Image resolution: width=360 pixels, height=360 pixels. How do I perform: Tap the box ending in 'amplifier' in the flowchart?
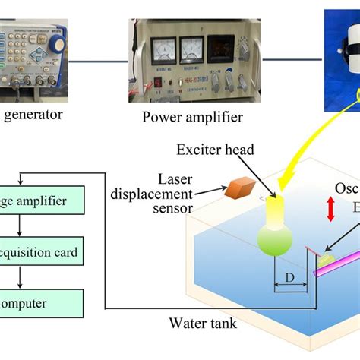click(49, 201)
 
